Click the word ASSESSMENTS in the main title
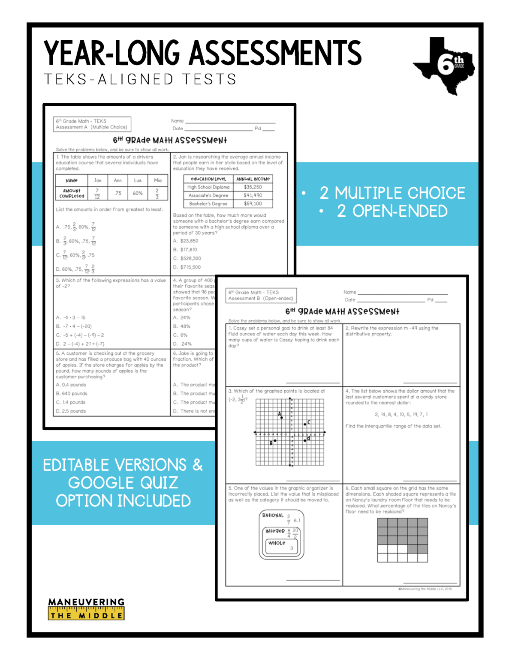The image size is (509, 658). (275, 54)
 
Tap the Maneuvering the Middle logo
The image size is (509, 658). (86, 609)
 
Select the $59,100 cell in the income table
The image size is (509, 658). (253, 204)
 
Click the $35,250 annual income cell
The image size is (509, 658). (253, 187)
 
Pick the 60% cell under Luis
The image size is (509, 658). (138, 193)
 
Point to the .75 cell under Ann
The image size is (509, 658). (117, 193)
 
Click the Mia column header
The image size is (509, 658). (157, 180)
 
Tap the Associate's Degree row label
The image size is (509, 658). (208, 195)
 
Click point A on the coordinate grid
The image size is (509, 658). (281, 417)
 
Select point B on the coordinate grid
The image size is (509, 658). (275, 440)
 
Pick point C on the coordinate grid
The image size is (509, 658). (305, 424)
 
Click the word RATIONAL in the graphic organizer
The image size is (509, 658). (273, 515)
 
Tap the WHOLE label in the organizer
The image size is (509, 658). (277, 543)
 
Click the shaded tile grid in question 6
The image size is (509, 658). (402, 540)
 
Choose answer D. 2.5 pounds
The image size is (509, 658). (71, 411)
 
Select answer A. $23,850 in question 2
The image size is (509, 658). (186, 241)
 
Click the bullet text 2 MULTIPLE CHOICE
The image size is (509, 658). (392, 193)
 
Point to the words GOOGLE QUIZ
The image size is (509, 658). (123, 483)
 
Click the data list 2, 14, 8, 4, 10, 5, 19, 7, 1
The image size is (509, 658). (401, 415)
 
